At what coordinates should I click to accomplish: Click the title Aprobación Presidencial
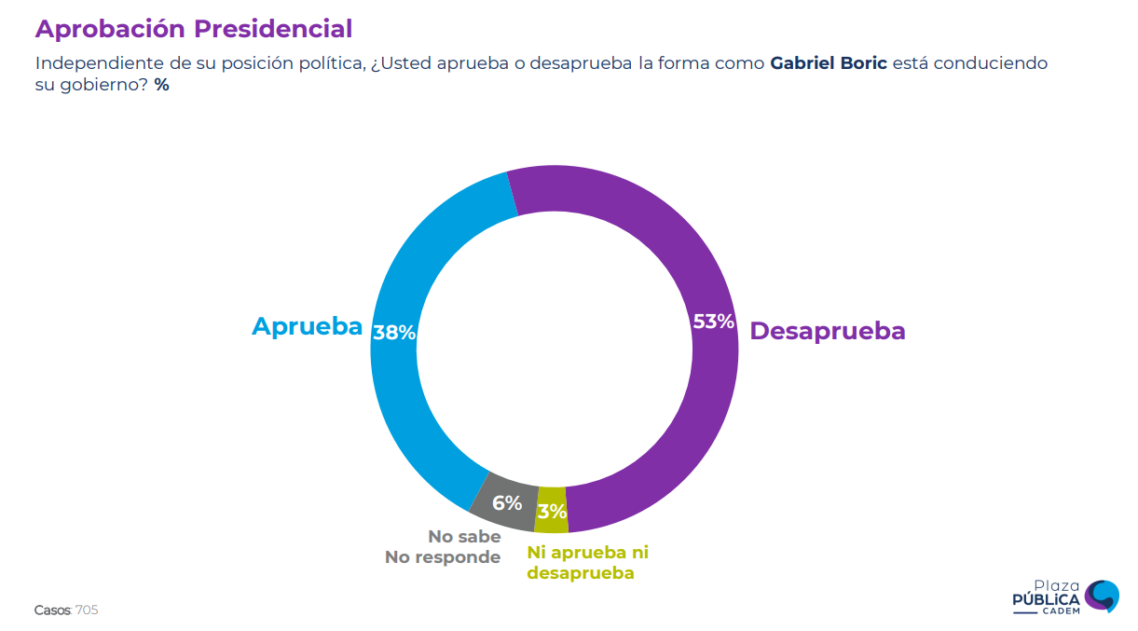[194, 29]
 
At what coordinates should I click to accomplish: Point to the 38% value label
[393, 332]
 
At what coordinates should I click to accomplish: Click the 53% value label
[714, 322]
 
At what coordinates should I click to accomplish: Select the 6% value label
[507, 503]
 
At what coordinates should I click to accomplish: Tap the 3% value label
[552, 511]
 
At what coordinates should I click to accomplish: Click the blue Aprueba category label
[307, 326]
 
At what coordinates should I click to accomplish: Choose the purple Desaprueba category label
[827, 331]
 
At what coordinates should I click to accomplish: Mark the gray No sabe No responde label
[444, 547]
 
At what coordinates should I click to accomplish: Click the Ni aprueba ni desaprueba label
[587, 562]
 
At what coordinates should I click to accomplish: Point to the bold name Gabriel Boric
[829, 63]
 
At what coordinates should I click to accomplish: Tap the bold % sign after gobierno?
[162, 85]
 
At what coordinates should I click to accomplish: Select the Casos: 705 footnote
[66, 610]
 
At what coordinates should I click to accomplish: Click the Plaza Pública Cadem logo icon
[1103, 596]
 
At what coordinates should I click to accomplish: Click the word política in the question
[332, 63]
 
